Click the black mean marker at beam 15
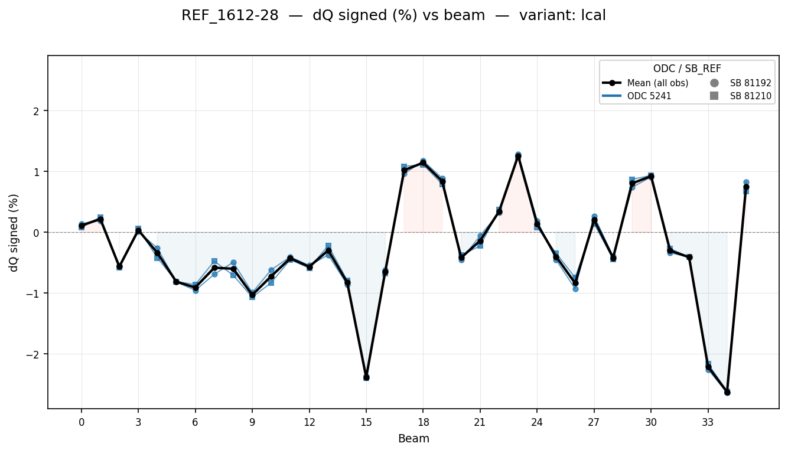[x=366, y=377]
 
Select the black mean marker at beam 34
[x=727, y=392]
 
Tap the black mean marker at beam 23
[x=518, y=157]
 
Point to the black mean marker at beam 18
[x=423, y=163]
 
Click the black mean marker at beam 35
[x=746, y=187]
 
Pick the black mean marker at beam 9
[x=252, y=295]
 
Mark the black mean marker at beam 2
[x=119, y=266]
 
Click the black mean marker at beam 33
[x=708, y=367]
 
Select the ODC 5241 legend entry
[x=649, y=96]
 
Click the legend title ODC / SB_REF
[x=687, y=69]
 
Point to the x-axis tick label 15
[x=366, y=422]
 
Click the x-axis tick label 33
[x=708, y=422]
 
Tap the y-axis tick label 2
[x=38, y=111]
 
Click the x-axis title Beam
[x=413, y=438]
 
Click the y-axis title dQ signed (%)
[x=14, y=233]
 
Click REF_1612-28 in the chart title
[x=230, y=16]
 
